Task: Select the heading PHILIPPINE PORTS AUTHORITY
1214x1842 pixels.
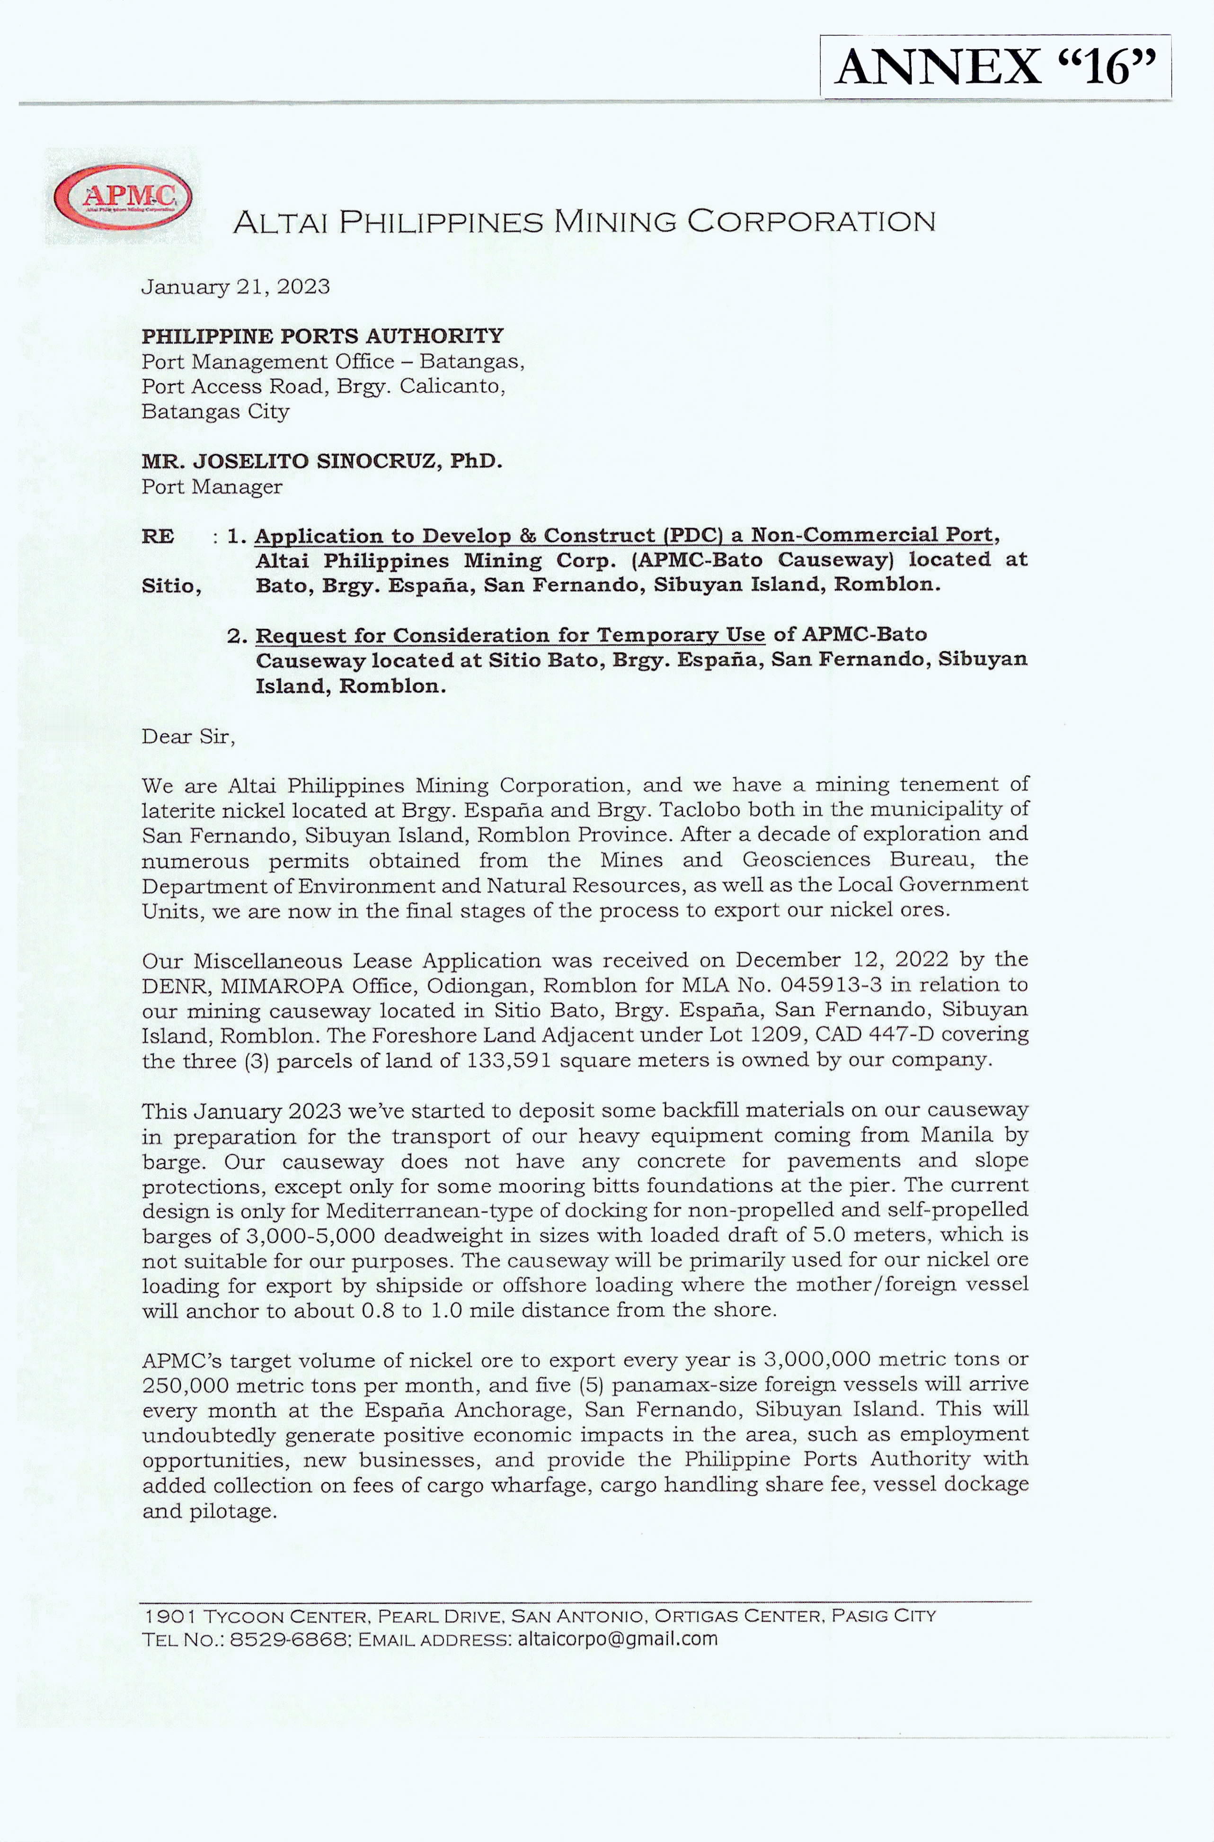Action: pyautogui.click(x=322, y=336)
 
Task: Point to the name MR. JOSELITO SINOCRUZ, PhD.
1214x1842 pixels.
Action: pyautogui.click(x=322, y=462)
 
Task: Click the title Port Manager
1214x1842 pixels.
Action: pyautogui.click(x=212, y=487)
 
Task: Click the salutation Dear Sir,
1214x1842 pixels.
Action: pyautogui.click(x=188, y=736)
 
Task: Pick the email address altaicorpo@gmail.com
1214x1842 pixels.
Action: pyautogui.click(x=617, y=1638)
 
